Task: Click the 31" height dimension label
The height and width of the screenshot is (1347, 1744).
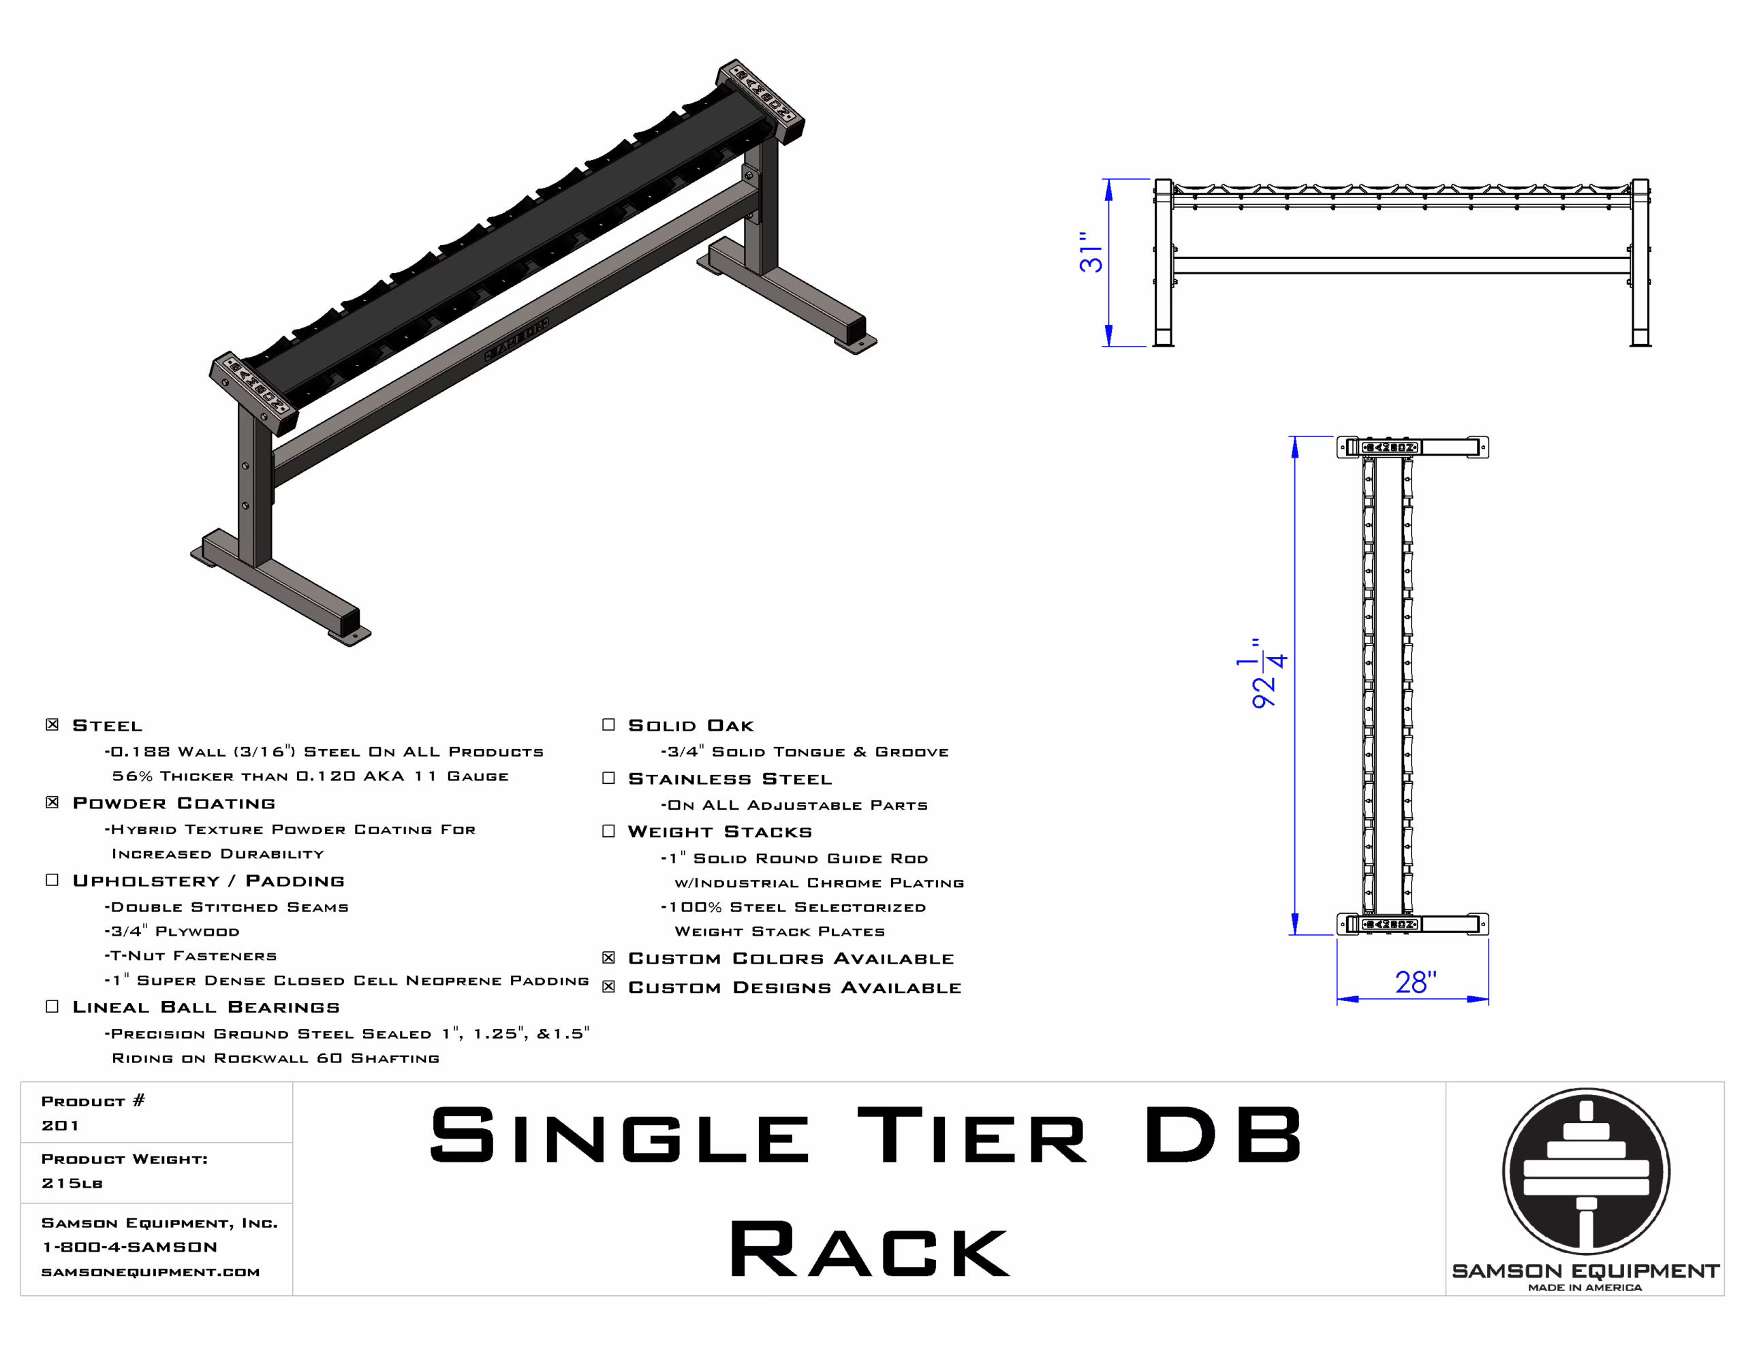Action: (x=1090, y=253)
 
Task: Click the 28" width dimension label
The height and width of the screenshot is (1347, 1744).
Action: (x=1415, y=982)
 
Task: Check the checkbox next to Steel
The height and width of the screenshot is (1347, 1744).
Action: (x=52, y=724)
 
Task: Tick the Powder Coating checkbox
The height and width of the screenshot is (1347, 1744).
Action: (x=52, y=802)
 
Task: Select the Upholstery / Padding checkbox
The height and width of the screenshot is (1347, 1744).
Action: (x=52, y=879)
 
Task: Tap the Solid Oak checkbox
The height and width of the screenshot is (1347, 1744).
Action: (x=608, y=724)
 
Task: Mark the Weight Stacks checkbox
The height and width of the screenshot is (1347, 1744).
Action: (x=608, y=830)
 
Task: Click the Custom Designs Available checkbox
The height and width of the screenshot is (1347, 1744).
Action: (x=608, y=986)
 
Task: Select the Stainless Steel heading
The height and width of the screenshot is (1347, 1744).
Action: (x=730, y=778)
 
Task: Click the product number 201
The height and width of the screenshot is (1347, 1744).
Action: (x=60, y=1125)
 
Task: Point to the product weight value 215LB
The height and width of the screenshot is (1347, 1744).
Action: (x=72, y=1182)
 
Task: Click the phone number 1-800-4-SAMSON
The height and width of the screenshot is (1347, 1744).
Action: (x=129, y=1246)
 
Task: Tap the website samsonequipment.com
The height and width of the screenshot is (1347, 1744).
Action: (x=150, y=1271)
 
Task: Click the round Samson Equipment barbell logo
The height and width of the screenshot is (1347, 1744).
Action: (x=1585, y=1171)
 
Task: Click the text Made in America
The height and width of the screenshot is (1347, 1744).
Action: (x=1585, y=1287)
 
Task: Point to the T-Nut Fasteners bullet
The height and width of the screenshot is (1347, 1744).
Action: (x=191, y=955)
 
